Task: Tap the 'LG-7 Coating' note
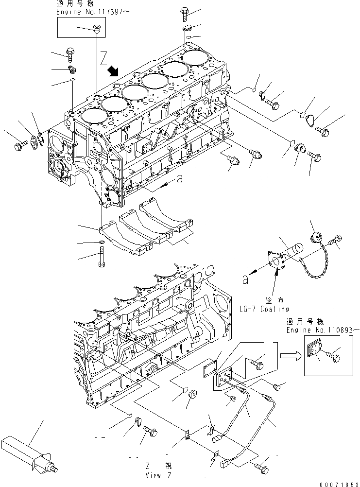click(264, 309)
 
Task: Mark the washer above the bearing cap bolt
click(101, 242)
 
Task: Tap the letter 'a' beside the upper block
click(179, 179)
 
